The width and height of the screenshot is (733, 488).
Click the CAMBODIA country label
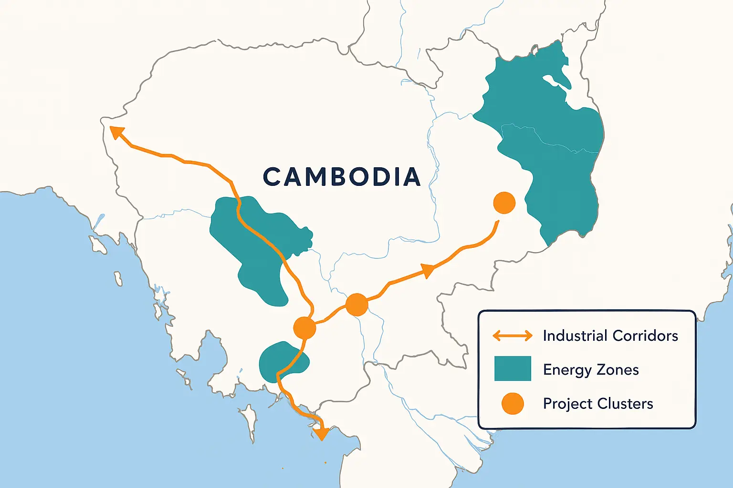point(342,177)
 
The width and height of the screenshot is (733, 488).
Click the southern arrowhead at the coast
point(321,433)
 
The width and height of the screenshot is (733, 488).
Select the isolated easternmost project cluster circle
point(504,203)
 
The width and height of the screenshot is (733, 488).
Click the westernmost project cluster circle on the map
point(304,328)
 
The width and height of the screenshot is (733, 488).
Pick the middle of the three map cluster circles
point(356,305)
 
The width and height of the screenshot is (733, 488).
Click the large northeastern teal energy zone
point(549,143)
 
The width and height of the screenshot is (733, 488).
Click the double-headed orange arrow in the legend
point(513,335)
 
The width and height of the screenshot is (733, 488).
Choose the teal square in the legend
point(513,369)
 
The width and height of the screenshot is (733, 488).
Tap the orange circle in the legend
point(513,403)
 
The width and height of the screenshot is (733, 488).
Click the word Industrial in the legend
point(575,335)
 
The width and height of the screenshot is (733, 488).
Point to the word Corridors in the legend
point(645,335)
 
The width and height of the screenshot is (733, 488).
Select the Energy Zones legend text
point(591,370)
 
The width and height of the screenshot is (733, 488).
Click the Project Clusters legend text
point(598,404)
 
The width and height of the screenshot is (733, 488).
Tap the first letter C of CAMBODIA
point(273,177)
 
